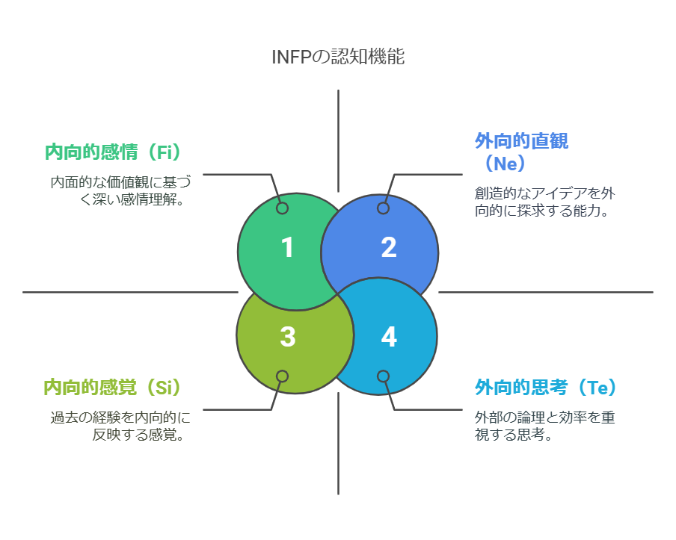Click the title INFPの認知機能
click(x=338, y=58)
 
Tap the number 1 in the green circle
click(x=288, y=248)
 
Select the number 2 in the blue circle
click(x=388, y=248)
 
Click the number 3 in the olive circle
click(x=288, y=337)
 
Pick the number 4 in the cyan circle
click(x=388, y=337)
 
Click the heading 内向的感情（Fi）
click(x=113, y=152)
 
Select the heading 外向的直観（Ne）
click(x=521, y=152)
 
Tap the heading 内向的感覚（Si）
click(x=113, y=387)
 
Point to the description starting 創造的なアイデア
click(x=545, y=202)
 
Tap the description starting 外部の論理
click(x=545, y=426)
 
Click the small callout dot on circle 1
click(x=282, y=208)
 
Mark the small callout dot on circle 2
click(x=383, y=208)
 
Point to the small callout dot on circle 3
click(x=282, y=376)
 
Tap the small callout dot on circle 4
click(x=383, y=376)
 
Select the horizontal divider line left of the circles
click(x=127, y=292)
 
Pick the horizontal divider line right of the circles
click(x=546, y=292)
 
